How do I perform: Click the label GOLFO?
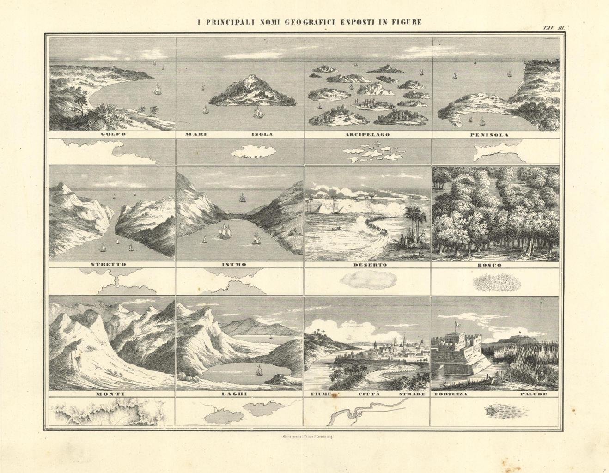[112, 135]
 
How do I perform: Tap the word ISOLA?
[262, 135]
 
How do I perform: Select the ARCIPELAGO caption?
[368, 135]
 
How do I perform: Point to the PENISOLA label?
[495, 135]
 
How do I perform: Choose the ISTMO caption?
[239, 265]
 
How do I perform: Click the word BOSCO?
[495, 265]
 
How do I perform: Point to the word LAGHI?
[240, 394]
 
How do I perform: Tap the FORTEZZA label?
[451, 394]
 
